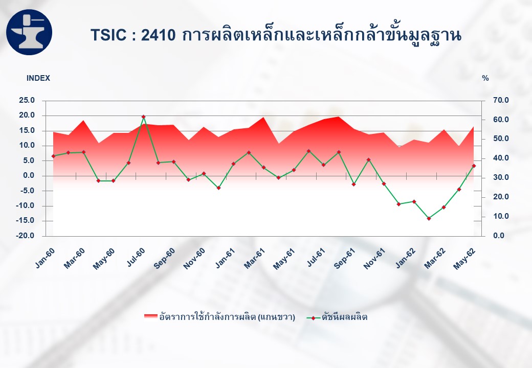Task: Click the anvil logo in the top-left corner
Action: click(29, 32)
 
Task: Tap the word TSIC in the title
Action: click(108, 35)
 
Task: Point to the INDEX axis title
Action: click(38, 78)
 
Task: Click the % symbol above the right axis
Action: click(485, 78)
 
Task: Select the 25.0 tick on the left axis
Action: click(27, 100)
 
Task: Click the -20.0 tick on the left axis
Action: click(26, 236)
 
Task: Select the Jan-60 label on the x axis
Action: click(45, 258)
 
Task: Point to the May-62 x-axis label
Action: click(464, 258)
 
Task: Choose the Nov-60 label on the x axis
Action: click(194, 258)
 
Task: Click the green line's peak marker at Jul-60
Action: click(144, 117)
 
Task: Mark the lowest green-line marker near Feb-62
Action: click(429, 219)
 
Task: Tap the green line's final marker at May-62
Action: click(474, 166)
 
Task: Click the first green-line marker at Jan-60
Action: click(53, 156)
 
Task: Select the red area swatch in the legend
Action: click(150, 317)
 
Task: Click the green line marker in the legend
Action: click(313, 318)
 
